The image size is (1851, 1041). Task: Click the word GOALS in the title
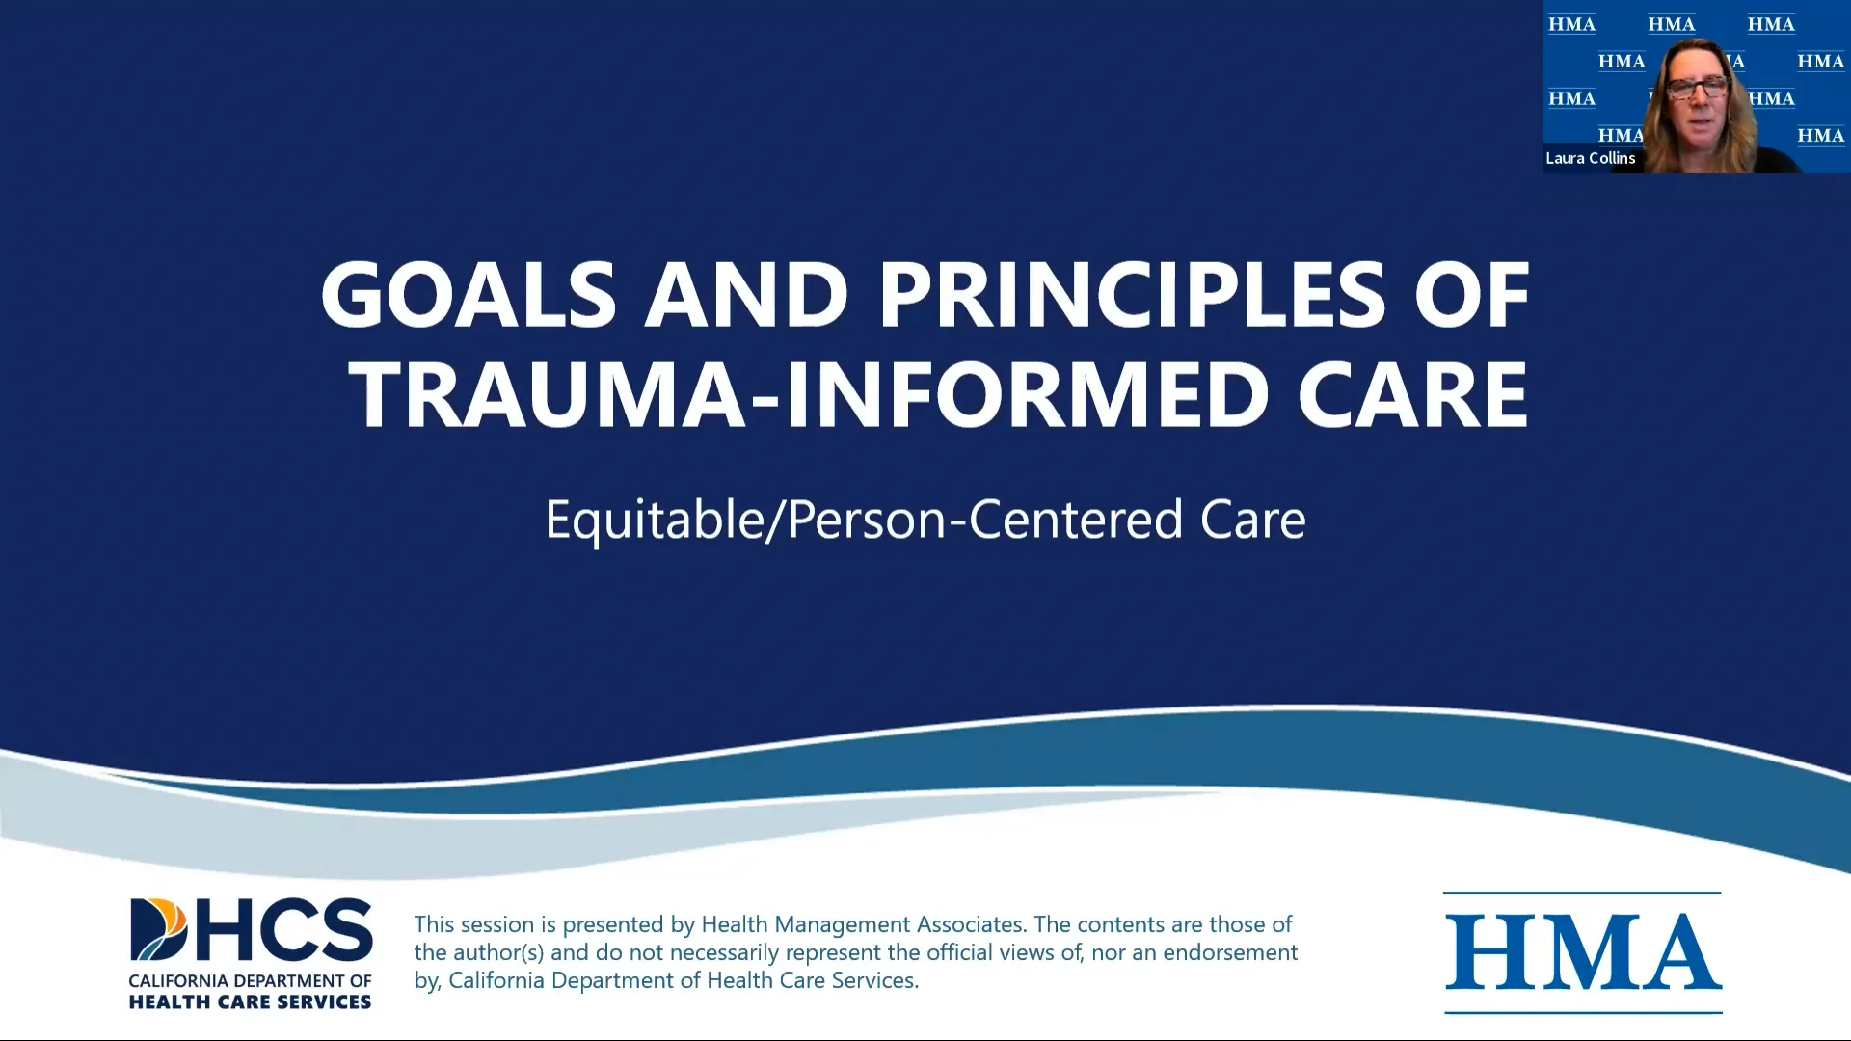[469, 294]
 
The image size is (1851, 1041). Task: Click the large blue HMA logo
[1583, 952]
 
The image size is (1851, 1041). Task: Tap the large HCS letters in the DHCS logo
[284, 930]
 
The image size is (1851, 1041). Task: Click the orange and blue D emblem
[158, 930]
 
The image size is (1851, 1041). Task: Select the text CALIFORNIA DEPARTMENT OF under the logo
[251, 981]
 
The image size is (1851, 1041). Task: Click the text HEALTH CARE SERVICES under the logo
[251, 1002]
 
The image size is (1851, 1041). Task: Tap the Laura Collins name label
[1591, 158]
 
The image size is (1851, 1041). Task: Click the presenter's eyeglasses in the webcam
[1699, 89]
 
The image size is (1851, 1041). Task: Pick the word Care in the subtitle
[1252, 520]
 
